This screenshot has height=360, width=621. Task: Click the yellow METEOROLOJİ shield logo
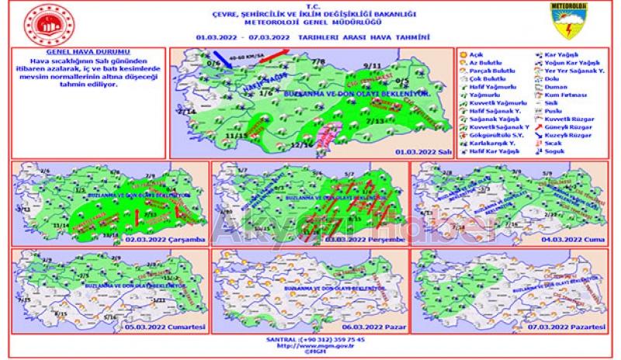coord(571,22)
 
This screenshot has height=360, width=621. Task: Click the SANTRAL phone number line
coord(310,340)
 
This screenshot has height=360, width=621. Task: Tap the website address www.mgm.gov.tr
coord(310,346)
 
